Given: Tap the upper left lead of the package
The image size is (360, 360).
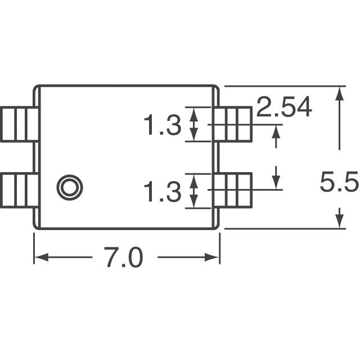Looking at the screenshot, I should coord(19,124).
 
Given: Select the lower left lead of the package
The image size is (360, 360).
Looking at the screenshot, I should coord(19,191).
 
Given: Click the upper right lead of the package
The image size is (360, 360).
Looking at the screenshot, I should coord(232,124).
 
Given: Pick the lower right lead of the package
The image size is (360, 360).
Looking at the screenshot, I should coord(232,191).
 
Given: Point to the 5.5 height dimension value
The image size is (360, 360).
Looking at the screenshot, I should coord(339,183).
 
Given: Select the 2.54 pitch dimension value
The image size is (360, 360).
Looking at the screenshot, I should coord(283,108).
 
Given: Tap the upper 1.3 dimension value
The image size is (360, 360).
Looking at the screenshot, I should coord(162,125).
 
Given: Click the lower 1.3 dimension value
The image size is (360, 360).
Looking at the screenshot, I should coord(162,192).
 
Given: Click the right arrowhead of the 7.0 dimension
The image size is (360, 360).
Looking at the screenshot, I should coord(214,258).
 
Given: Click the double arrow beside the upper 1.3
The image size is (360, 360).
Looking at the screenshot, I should coord(194,124).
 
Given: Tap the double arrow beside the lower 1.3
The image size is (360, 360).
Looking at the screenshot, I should coord(194,191).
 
